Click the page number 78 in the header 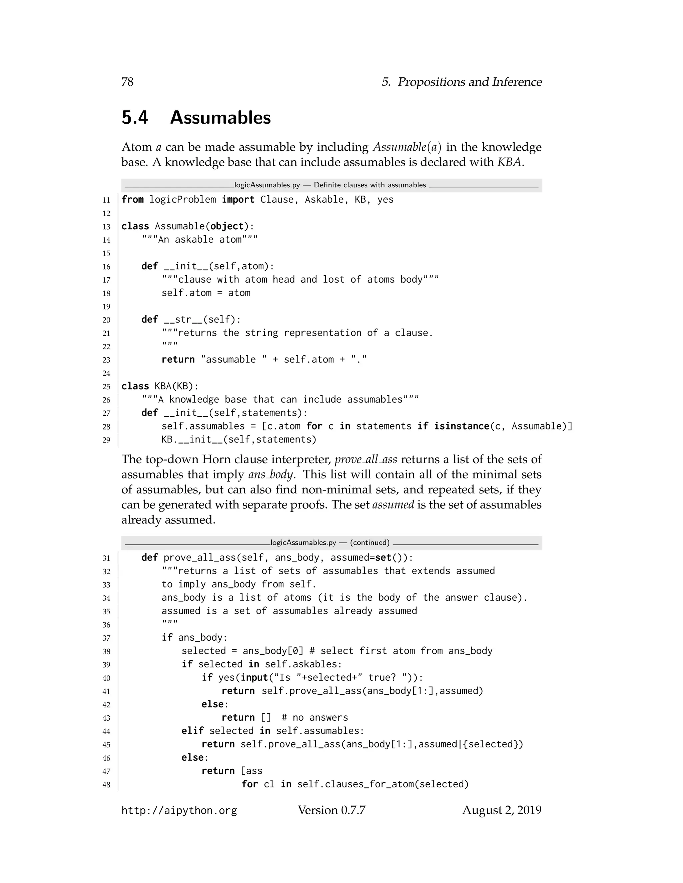point(127,82)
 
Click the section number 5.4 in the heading point(135,118)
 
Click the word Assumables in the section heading point(220,118)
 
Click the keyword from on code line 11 point(132,200)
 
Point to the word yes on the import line point(385,200)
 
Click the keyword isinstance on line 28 point(461,427)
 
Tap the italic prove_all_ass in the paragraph point(366,460)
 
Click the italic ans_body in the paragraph point(270,474)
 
